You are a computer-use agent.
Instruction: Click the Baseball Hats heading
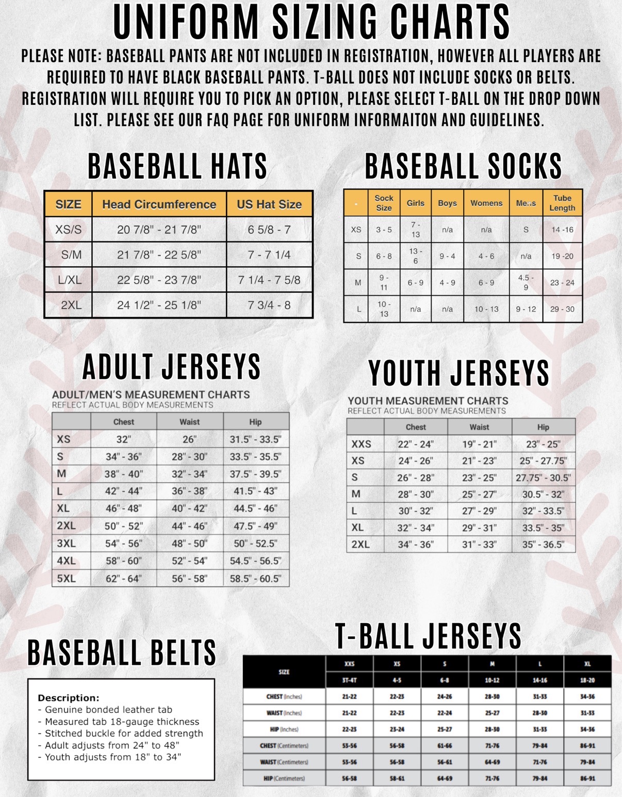177,166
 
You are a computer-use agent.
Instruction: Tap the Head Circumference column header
159,204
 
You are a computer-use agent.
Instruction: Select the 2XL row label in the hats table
71,305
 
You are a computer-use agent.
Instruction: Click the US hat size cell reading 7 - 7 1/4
269,254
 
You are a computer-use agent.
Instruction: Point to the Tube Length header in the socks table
562,203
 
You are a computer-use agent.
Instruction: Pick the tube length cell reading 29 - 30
562,309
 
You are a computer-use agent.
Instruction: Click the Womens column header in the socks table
486,203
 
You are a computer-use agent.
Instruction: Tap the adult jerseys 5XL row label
66,578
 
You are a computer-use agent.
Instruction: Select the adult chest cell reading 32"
123,439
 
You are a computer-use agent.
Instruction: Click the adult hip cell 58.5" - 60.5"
255,578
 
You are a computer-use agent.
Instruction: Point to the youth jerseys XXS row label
361,444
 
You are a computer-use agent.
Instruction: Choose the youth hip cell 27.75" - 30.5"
543,477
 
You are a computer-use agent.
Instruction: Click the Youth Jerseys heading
459,373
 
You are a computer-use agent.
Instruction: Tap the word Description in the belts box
68,698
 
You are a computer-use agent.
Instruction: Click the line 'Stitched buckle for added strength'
124,733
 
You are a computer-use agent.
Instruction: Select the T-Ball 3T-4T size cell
349,680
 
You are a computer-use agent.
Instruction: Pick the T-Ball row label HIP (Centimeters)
284,778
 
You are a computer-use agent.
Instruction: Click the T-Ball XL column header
587,664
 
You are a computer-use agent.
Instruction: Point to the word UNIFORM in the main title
186,22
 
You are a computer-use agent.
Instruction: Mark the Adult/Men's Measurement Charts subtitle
151,394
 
